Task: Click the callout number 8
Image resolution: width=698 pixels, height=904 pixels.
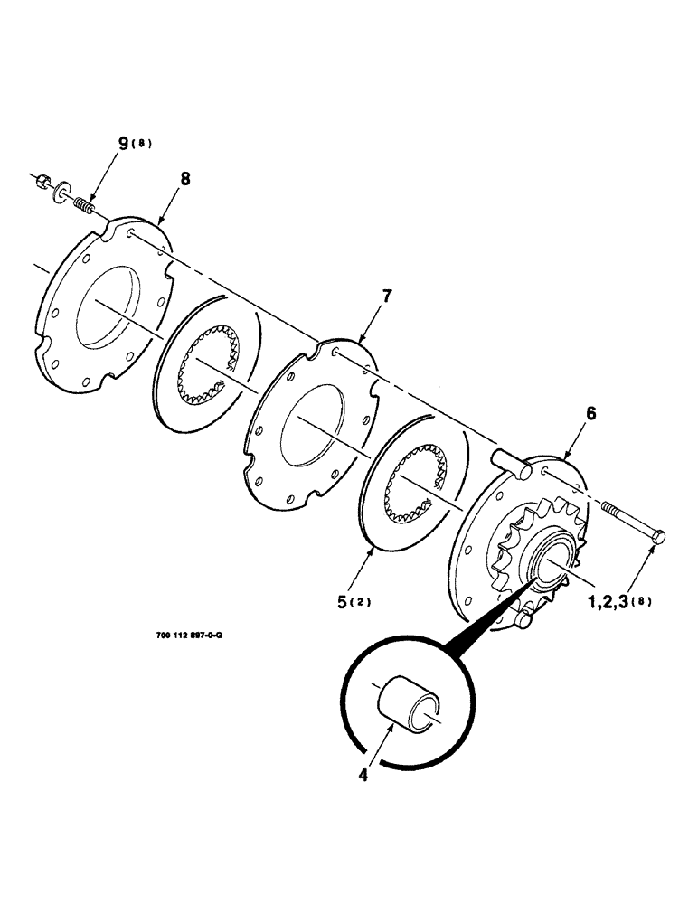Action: click(185, 179)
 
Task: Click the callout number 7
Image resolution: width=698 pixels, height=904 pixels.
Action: click(388, 297)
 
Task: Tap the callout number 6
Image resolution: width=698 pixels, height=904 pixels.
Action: click(590, 413)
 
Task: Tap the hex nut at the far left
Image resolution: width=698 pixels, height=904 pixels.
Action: click(45, 181)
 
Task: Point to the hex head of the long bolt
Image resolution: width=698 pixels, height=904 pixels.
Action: click(658, 537)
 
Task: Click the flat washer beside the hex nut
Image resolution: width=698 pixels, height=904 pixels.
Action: click(61, 192)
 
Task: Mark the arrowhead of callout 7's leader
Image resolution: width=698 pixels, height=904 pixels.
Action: click(361, 341)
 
